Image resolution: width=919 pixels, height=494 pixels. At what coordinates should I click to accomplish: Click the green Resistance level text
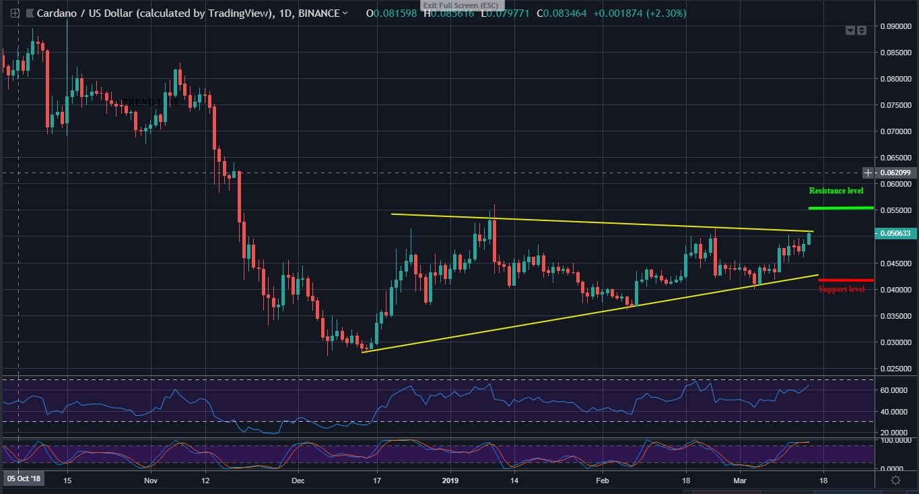[836, 191]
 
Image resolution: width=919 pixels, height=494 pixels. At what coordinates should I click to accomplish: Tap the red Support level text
[841, 289]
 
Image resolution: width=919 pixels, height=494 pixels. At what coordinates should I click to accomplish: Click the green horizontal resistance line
[840, 208]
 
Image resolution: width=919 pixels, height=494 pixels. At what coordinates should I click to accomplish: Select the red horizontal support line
[846, 280]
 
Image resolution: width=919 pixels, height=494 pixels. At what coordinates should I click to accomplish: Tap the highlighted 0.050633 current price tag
[895, 233]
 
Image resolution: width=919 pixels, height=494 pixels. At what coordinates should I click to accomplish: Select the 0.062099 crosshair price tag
[895, 173]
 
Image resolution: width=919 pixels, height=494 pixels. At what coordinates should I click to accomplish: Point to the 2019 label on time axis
[450, 481]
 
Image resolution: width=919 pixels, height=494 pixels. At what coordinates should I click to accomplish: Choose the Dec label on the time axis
[298, 481]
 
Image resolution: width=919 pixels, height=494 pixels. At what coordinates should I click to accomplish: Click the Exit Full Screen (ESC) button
[461, 5]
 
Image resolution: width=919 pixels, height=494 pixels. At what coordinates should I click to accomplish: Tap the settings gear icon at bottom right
[895, 480]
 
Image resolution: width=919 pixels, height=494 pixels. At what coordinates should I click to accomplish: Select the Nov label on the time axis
[150, 481]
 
